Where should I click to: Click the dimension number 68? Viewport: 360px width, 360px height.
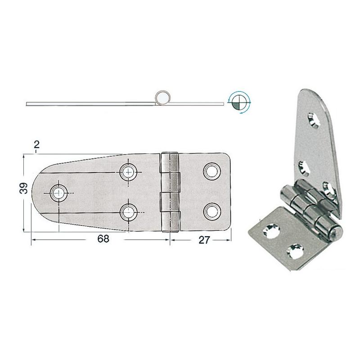point(103,239)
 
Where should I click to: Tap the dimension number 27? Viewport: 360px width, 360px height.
point(204,240)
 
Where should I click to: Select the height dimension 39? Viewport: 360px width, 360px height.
point(24,188)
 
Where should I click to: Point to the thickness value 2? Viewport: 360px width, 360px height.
point(36,144)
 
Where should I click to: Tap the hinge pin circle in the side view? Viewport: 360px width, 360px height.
point(162,98)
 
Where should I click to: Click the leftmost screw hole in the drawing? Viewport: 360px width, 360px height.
point(59,193)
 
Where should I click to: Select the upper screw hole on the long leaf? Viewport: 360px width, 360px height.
point(128,172)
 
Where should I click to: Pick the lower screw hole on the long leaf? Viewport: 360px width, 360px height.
point(129,211)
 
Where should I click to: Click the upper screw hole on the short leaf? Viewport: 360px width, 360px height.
point(212,171)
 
